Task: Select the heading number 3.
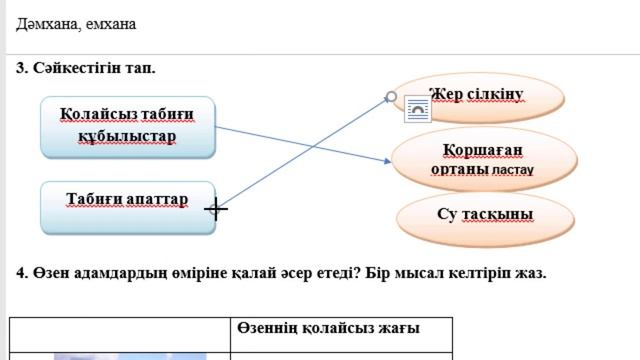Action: pyautogui.click(x=21, y=68)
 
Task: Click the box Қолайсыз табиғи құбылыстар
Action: pyautogui.click(x=127, y=125)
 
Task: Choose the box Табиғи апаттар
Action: pyautogui.click(x=127, y=206)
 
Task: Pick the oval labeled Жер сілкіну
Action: pyautogui.click(x=477, y=95)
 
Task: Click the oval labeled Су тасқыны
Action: pyautogui.click(x=485, y=214)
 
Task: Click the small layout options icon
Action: pyautogui.click(x=416, y=110)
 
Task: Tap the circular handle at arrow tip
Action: pyautogui.click(x=392, y=97)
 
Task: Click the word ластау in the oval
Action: pyautogui.click(x=513, y=171)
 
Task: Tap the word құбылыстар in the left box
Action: pyautogui.click(x=127, y=136)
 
